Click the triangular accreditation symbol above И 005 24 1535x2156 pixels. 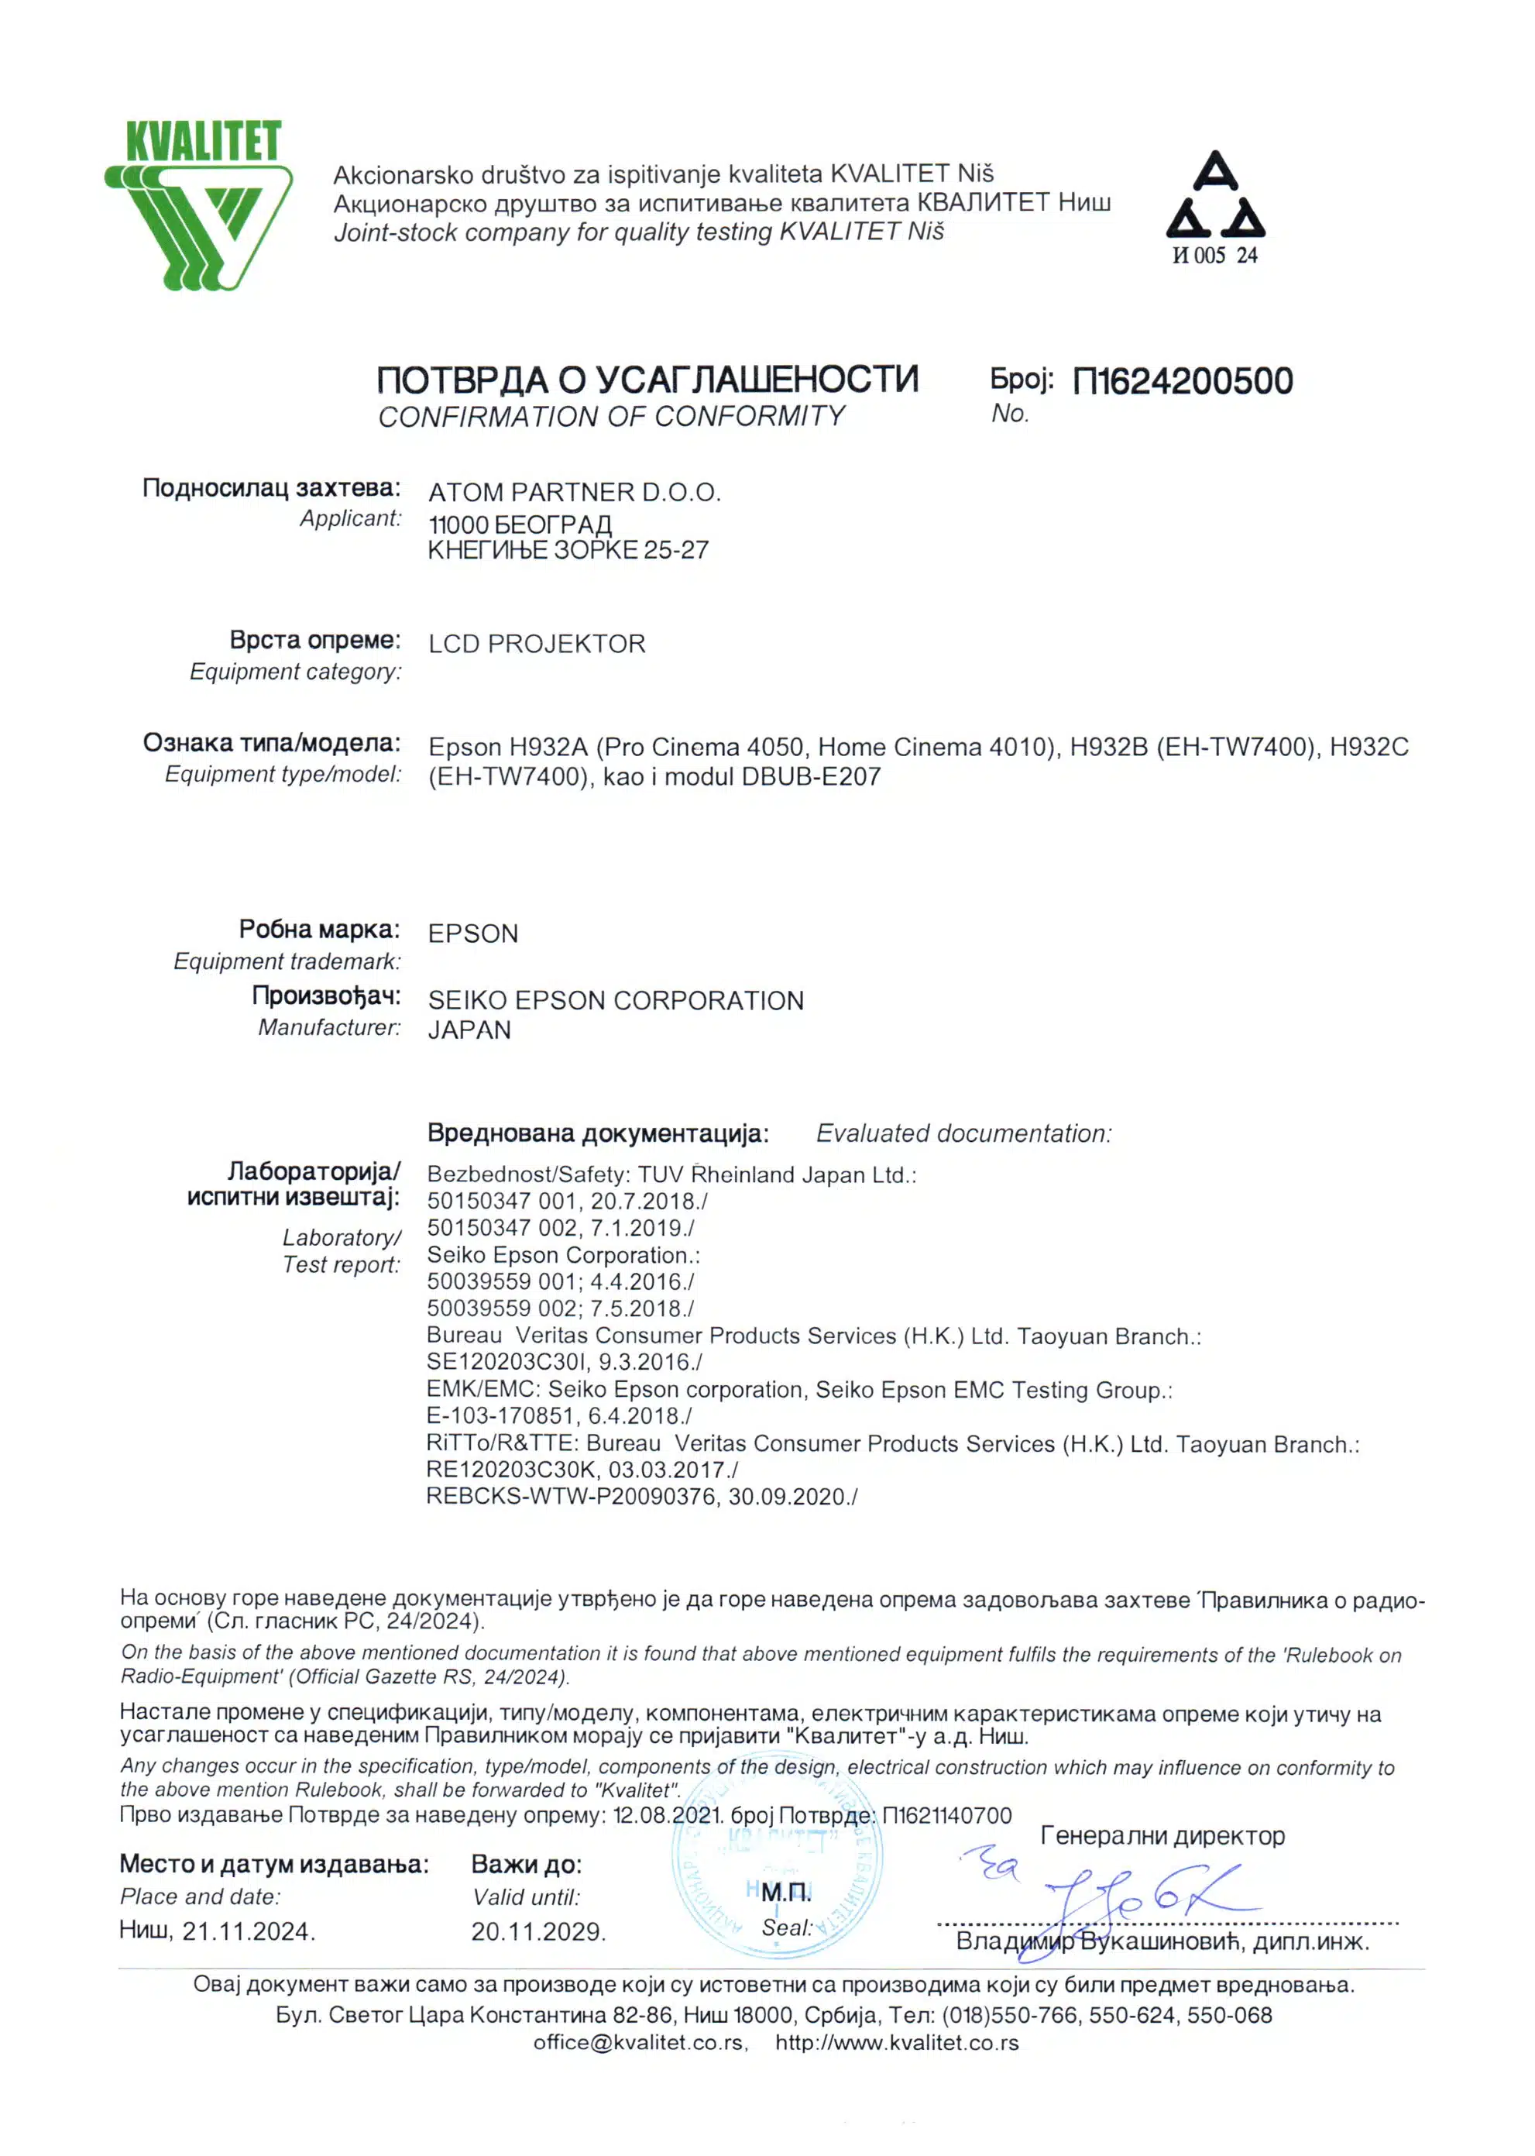point(1214,196)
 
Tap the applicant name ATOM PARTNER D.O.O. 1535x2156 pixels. point(574,493)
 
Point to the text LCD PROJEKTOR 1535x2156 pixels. point(536,645)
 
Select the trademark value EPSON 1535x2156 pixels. point(472,934)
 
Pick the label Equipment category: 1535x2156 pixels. point(295,672)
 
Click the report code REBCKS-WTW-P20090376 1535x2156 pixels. point(570,1496)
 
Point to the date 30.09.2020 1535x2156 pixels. point(788,1496)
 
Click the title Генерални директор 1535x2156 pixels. point(1162,1835)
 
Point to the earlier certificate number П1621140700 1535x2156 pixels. point(946,1816)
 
